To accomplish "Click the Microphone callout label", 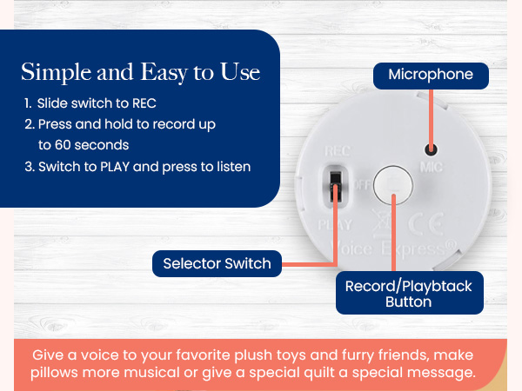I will pos(431,75).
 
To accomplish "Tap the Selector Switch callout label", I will pos(217,262).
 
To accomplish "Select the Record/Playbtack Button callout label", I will pos(409,294).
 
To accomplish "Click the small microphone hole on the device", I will pos(428,149).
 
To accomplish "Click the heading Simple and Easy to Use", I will pos(141,71).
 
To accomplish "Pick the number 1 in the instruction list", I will pos(29,103).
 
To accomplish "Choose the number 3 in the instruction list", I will pos(29,166).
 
